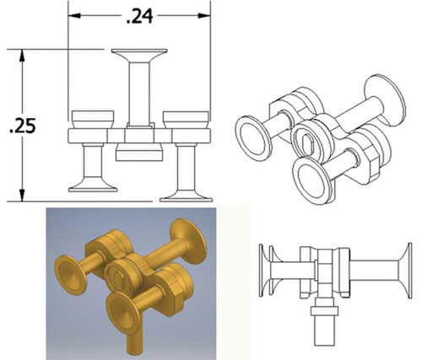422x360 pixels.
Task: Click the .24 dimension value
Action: pos(139,16)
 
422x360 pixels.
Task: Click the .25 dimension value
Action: pos(23,126)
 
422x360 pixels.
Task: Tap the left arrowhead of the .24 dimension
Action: pos(74,15)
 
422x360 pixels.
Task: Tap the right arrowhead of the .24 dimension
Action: pos(204,15)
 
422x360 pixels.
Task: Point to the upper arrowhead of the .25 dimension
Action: pos(22,56)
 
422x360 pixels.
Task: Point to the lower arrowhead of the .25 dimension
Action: pos(22,195)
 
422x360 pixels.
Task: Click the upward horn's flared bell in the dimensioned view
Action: pos(139,55)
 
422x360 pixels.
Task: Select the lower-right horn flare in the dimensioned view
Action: pos(186,196)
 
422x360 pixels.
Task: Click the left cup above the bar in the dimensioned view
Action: pos(93,120)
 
